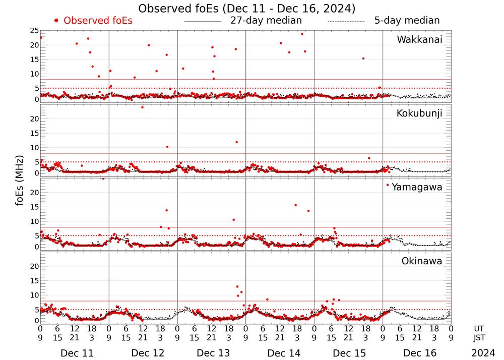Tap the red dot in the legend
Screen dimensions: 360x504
(x=56, y=21)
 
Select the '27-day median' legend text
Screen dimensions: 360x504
(x=266, y=21)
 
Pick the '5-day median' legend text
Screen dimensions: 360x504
(x=407, y=21)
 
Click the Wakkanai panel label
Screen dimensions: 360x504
(x=419, y=40)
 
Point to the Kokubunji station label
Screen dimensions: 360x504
(x=419, y=113)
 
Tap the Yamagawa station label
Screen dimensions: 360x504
(x=417, y=188)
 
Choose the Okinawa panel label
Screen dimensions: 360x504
(x=422, y=261)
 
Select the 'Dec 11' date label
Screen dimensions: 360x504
(x=74, y=353)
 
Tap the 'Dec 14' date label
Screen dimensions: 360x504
(x=280, y=353)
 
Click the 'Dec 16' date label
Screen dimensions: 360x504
(x=417, y=353)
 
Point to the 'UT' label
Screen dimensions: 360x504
(x=479, y=328)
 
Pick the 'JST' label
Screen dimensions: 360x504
(x=479, y=337)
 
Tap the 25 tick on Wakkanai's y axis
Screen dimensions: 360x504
(x=35, y=31)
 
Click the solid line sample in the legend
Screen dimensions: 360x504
(x=203, y=22)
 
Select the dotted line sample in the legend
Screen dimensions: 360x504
(x=346, y=22)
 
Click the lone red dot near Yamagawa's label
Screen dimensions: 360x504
(x=388, y=185)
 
